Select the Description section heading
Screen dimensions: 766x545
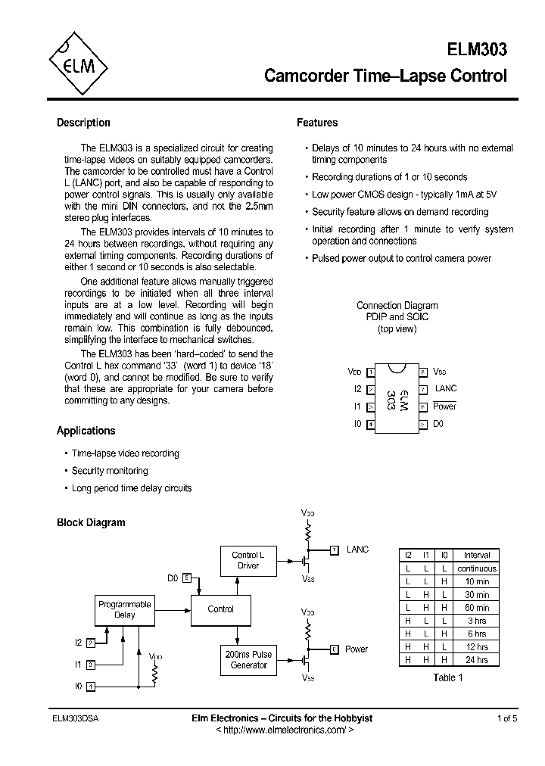coord(83,123)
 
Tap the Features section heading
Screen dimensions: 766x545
coord(316,123)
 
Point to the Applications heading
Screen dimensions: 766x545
coord(86,431)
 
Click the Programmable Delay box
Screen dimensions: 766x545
coord(124,609)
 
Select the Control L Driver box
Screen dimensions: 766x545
coord(248,560)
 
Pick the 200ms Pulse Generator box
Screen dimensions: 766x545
coord(248,659)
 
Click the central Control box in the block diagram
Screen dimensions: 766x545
coord(220,609)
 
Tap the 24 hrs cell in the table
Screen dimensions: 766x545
coord(477,660)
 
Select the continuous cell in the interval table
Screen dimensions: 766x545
coord(477,568)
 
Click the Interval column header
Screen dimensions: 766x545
coord(477,555)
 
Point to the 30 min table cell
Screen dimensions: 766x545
coord(477,594)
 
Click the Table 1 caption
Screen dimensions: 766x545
coord(448,677)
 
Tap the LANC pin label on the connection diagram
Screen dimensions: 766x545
coord(446,388)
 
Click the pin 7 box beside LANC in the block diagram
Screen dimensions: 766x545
coord(335,550)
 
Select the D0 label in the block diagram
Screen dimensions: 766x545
coord(173,578)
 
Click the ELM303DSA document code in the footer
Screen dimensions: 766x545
coord(77,718)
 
